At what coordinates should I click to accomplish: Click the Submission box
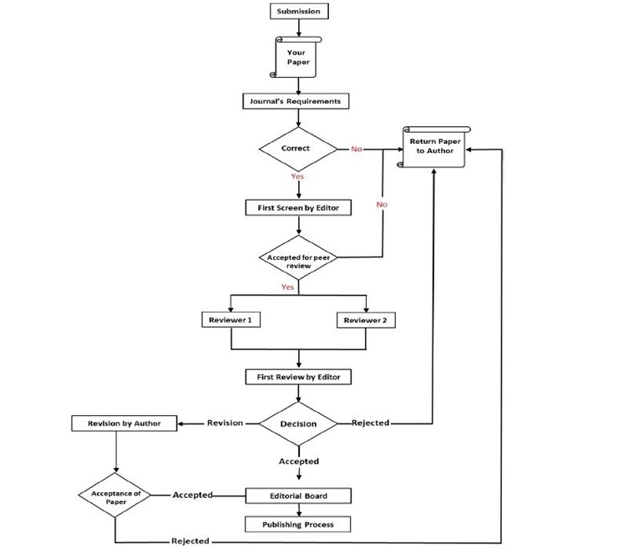298,12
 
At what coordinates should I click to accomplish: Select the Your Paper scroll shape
297,57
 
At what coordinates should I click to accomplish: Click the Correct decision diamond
296,149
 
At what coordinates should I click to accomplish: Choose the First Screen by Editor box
292,206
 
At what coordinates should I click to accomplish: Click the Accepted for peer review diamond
299,261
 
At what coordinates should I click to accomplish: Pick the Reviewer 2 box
366,320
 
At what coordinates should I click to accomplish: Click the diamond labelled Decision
298,424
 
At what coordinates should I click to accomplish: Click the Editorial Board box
297,495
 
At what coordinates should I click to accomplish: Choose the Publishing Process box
297,525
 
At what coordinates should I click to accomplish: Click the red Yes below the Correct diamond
297,176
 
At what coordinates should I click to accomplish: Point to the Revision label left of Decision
225,423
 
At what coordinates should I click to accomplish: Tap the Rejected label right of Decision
370,423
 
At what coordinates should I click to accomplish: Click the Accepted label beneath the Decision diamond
298,461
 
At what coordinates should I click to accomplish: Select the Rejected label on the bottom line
190,541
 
